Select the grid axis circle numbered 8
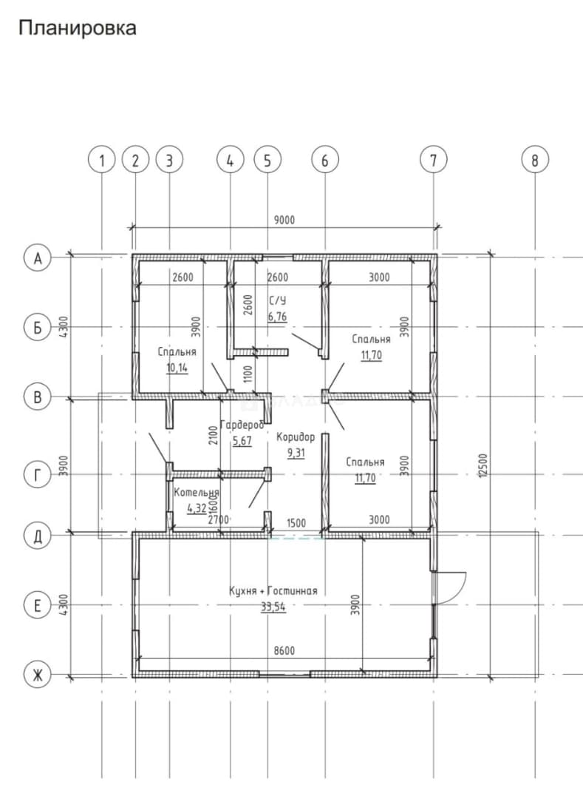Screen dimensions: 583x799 click(x=535, y=161)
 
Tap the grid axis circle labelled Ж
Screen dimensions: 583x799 click(x=37, y=675)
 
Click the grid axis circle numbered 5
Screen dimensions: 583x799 click(x=267, y=161)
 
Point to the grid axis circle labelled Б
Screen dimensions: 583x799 click(x=37, y=327)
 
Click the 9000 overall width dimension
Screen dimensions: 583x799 click(x=284, y=220)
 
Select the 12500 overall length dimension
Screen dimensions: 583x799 click(x=483, y=465)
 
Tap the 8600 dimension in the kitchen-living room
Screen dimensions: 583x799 click(x=284, y=651)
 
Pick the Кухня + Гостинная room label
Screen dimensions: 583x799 click(x=273, y=590)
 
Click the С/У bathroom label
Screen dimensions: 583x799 click(x=277, y=300)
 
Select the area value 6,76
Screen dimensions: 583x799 click(x=277, y=317)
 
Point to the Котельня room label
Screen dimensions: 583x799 click(x=197, y=493)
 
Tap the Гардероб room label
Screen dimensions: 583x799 click(x=242, y=425)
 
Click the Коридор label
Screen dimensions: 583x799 click(x=296, y=436)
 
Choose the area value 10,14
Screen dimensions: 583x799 click(x=177, y=368)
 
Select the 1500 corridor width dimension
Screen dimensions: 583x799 click(x=296, y=523)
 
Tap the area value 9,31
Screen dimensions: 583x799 click(x=296, y=453)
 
